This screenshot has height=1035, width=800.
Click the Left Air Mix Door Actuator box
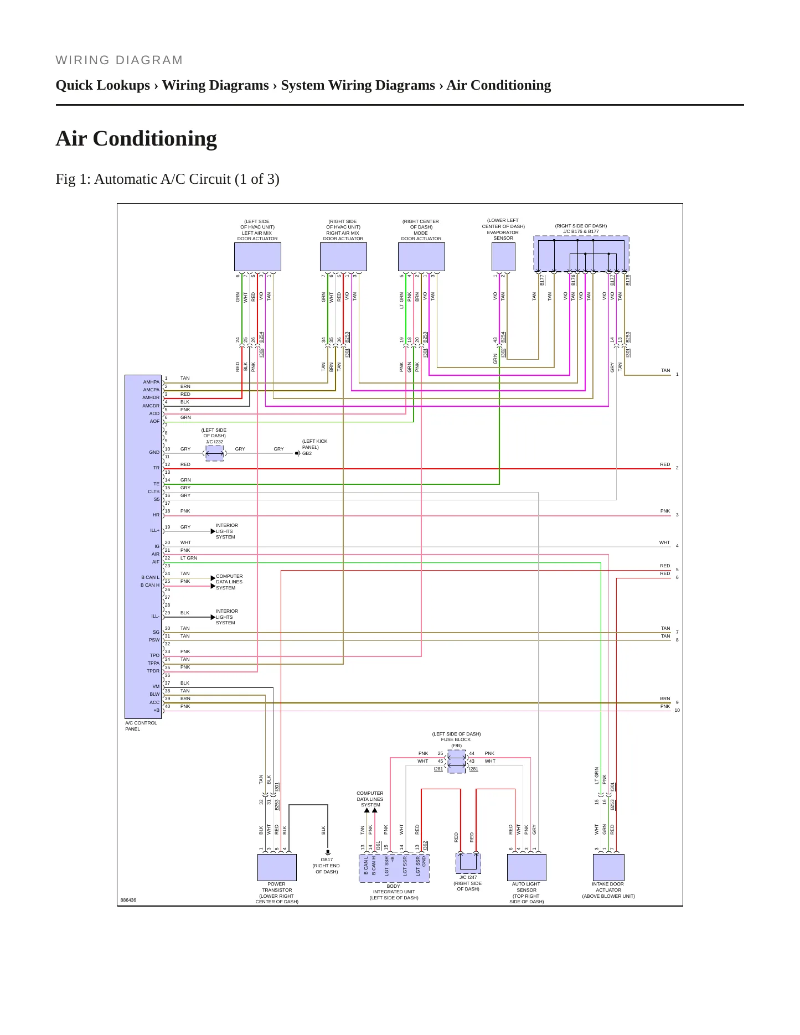tap(257, 257)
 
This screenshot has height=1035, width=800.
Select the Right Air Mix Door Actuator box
tap(343, 257)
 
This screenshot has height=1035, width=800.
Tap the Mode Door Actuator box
tap(421, 257)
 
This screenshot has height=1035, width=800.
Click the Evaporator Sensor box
tap(503, 257)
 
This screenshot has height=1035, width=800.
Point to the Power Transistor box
tap(277, 867)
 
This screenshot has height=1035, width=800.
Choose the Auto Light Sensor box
tap(527, 867)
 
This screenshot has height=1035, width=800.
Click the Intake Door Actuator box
tap(608, 867)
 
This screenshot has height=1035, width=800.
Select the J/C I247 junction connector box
tap(468, 863)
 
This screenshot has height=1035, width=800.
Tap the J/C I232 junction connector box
tap(214, 453)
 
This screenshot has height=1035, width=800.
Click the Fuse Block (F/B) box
tap(456, 762)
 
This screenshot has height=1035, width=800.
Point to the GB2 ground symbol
tap(298, 453)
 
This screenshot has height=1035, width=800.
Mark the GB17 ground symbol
tap(328, 852)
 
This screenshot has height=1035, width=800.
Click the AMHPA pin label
tap(151, 382)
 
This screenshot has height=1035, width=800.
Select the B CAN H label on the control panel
tap(150, 585)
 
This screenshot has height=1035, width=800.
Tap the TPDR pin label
tap(153, 671)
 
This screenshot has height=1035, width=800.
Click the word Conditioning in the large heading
tap(155, 139)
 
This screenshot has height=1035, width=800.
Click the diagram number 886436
tap(128, 900)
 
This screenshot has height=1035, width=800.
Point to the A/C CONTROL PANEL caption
tap(141, 726)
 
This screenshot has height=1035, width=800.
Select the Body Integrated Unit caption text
tap(394, 892)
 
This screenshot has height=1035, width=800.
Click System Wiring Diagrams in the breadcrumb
tap(358, 85)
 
